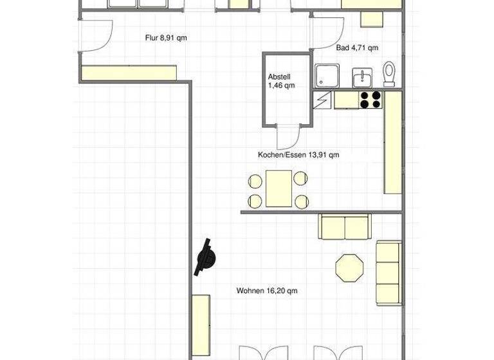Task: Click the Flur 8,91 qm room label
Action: tap(166, 38)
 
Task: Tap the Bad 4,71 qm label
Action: tap(357, 48)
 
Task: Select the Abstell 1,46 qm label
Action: tap(282, 80)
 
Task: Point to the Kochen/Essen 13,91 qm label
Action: tap(298, 155)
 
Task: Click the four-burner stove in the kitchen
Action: tap(370, 99)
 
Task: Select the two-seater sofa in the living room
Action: tap(345, 226)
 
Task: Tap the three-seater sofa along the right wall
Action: tap(388, 272)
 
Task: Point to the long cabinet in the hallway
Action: tap(129, 72)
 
